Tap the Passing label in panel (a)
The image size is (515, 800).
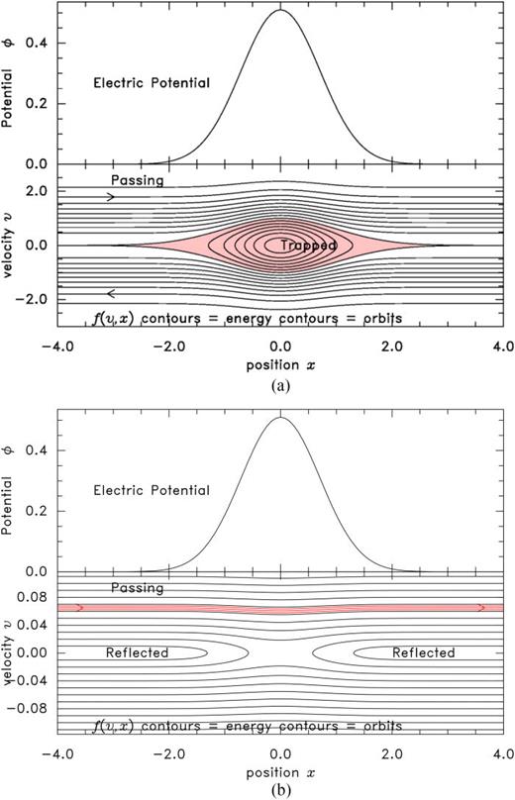[x=138, y=180]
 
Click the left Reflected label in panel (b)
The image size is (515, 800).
[x=137, y=652]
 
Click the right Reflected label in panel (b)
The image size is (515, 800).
[x=423, y=652]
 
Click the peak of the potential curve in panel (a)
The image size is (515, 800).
[x=280, y=11]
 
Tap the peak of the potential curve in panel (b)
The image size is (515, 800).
[x=281, y=417]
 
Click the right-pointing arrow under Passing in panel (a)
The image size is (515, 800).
[x=111, y=197]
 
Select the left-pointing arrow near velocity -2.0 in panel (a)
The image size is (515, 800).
[x=111, y=293]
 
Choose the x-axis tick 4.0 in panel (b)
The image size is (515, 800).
[x=504, y=753]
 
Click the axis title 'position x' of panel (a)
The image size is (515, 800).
[x=280, y=365]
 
